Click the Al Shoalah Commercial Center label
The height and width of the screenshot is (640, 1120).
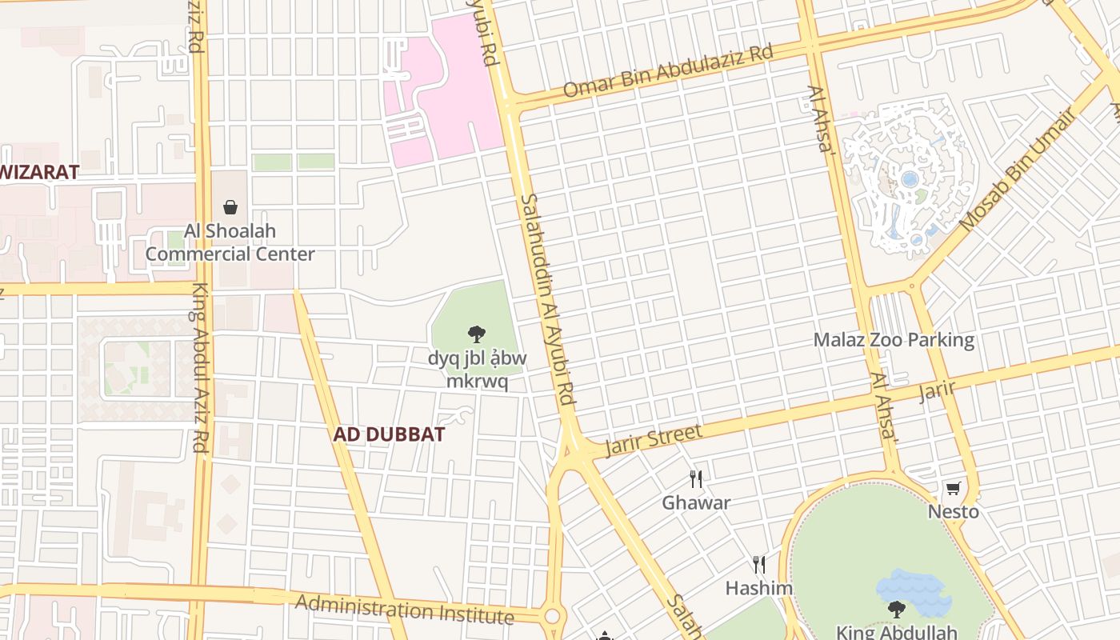point(230,242)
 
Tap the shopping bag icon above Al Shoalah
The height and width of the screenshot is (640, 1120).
point(230,207)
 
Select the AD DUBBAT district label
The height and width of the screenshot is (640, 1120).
point(389,434)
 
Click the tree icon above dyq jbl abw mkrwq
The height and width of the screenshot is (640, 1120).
point(477,334)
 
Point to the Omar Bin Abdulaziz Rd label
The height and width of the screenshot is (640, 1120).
point(667,72)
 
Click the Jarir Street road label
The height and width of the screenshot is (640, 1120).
point(654,439)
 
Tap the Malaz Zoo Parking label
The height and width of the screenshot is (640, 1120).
point(894,340)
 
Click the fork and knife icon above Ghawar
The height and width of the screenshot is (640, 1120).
point(696,479)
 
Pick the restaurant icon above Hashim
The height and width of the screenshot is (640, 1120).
point(758,565)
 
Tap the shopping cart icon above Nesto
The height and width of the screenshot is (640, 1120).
point(953,488)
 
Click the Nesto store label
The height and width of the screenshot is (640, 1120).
point(953,511)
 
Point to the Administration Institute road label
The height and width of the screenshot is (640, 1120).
point(404,609)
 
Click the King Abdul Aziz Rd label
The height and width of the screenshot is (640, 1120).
point(199,368)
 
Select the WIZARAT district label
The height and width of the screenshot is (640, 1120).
point(40,171)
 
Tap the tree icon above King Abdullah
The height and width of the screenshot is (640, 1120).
point(896,609)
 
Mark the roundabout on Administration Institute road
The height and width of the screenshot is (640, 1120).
point(551,617)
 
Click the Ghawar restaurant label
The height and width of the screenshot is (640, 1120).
point(696,503)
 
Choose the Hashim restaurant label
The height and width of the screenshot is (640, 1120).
point(758,589)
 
